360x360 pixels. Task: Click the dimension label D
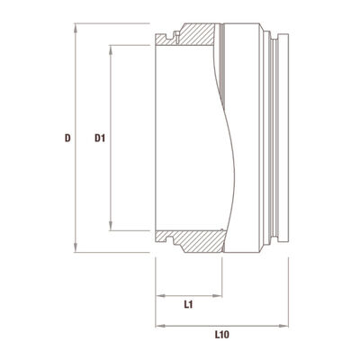click(68, 138)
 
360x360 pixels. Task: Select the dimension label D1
click(100, 138)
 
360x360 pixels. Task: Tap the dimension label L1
click(188, 305)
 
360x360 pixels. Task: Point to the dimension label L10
click(222, 335)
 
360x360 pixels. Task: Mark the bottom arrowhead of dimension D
click(76, 247)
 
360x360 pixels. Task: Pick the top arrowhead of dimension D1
click(111, 50)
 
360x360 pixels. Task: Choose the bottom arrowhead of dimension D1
click(111, 225)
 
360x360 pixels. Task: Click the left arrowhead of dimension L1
click(161, 296)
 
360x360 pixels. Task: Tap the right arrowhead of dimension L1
click(217, 296)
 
